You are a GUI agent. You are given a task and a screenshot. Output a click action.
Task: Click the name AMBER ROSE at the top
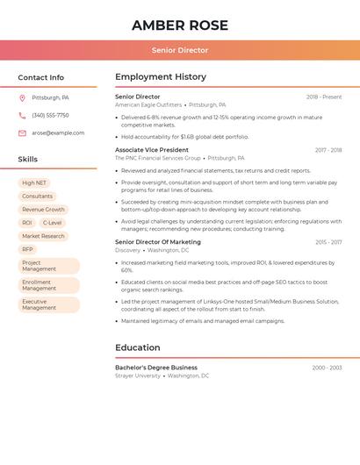click(180, 25)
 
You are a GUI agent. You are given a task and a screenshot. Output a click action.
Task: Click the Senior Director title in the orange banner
click(180, 51)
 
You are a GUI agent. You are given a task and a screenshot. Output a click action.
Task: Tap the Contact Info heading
click(41, 77)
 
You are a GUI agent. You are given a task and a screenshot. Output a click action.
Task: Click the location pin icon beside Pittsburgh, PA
click(22, 98)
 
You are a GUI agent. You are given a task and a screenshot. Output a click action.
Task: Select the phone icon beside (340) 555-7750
click(22, 116)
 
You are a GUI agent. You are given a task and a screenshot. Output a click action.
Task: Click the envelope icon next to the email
click(22, 133)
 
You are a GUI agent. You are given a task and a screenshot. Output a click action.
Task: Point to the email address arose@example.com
click(58, 133)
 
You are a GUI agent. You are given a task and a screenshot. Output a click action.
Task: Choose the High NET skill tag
click(34, 183)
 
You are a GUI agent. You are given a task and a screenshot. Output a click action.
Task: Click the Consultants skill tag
click(37, 197)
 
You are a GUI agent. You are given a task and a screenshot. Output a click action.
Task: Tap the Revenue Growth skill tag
click(43, 210)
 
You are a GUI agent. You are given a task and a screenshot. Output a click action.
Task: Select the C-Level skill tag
click(52, 223)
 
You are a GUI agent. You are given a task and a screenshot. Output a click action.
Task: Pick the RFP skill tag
click(27, 249)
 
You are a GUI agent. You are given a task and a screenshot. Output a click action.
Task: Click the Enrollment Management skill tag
click(48, 285)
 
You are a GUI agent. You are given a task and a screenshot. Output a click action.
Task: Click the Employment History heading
click(161, 77)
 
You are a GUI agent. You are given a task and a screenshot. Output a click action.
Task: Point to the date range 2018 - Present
click(324, 97)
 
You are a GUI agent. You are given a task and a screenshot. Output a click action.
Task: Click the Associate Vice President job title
click(152, 150)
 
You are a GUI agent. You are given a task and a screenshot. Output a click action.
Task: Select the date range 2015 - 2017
click(328, 242)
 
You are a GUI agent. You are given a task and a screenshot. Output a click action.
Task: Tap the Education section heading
click(138, 347)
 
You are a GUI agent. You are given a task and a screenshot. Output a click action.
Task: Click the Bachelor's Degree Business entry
click(156, 368)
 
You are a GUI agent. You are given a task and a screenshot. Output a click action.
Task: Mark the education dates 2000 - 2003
click(327, 368)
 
